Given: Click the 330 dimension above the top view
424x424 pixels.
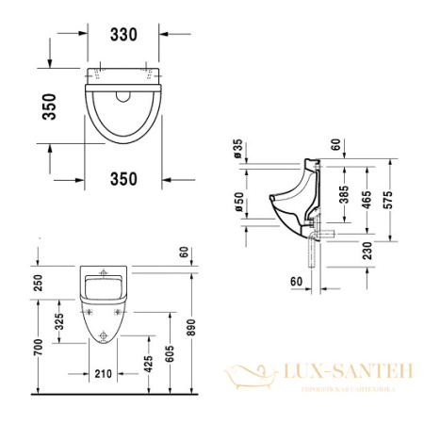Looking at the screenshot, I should click(123, 35).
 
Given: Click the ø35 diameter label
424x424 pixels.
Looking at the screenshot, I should click(237, 150).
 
